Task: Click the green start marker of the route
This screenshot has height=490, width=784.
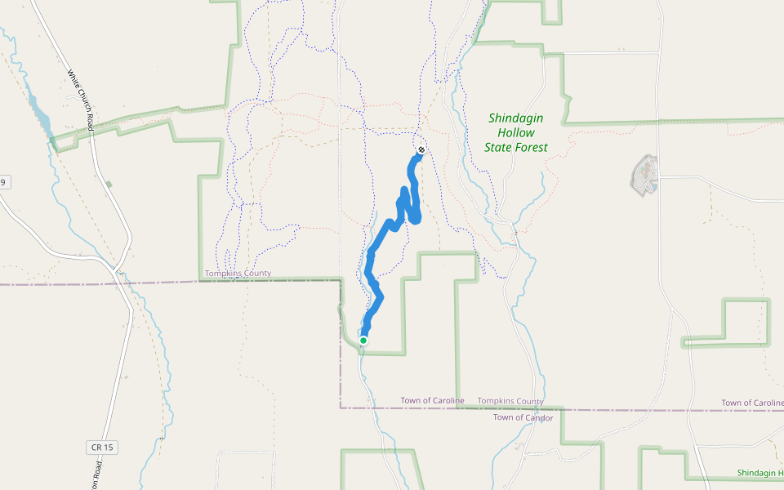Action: (x=363, y=340)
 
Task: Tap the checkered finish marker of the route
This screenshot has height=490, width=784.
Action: (x=421, y=150)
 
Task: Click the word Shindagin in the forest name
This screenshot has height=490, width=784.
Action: (x=516, y=118)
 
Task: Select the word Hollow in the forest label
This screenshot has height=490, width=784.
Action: (x=516, y=133)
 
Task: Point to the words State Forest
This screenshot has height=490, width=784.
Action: (x=516, y=148)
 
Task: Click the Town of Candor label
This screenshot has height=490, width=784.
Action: (x=523, y=418)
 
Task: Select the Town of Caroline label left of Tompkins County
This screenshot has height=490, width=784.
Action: (x=432, y=401)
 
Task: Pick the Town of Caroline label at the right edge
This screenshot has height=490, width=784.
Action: (x=751, y=403)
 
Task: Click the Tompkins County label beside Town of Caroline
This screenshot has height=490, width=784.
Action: (x=510, y=402)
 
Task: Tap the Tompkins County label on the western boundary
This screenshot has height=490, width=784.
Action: (x=238, y=274)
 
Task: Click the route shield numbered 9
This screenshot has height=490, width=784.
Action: (x=3, y=182)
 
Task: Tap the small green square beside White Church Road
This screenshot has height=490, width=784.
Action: (x=109, y=185)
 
